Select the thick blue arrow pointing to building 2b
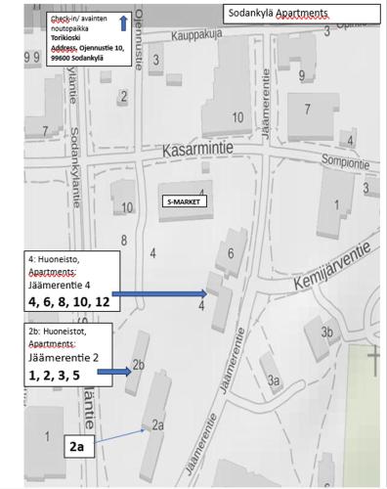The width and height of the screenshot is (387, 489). pyautogui.click(x=114, y=372)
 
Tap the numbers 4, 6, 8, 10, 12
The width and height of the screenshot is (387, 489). pyautogui.click(x=68, y=302)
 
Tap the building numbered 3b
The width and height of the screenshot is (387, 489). pyautogui.click(x=327, y=333)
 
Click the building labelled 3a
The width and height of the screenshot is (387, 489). pyautogui.click(x=273, y=379)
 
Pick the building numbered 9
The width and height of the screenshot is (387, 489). pyautogui.click(x=303, y=74)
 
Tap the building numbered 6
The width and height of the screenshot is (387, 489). pyautogui.click(x=231, y=254)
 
